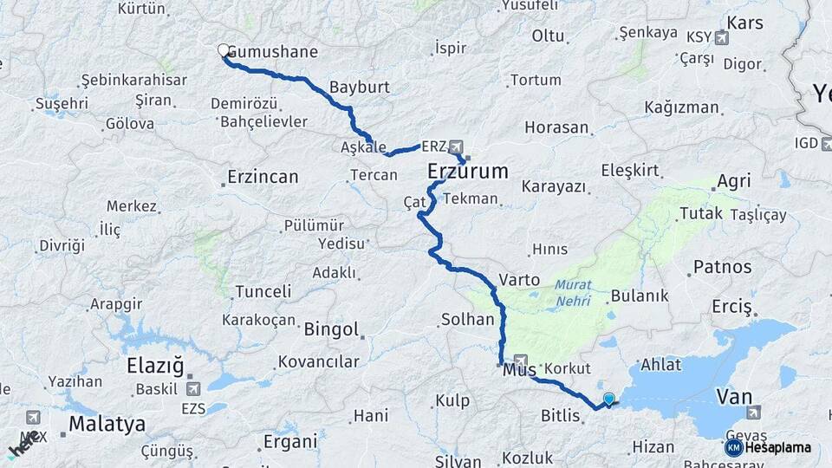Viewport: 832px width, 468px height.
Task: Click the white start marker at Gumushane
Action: pos(224,51)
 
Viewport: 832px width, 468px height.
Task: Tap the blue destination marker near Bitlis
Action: pos(608,400)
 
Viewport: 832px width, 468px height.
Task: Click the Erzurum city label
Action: pos(468,172)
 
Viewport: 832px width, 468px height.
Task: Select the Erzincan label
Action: pos(263,177)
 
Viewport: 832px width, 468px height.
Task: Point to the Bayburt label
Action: pos(360,88)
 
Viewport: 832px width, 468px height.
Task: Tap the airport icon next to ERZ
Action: pos(457,146)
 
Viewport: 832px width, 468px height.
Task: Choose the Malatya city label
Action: pos(107,425)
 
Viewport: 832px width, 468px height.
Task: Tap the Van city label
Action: pos(733,397)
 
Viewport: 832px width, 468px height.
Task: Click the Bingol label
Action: pos(331,329)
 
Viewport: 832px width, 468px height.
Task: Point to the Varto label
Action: pos(520,281)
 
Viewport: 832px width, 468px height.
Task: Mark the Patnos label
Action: pos(722,266)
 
